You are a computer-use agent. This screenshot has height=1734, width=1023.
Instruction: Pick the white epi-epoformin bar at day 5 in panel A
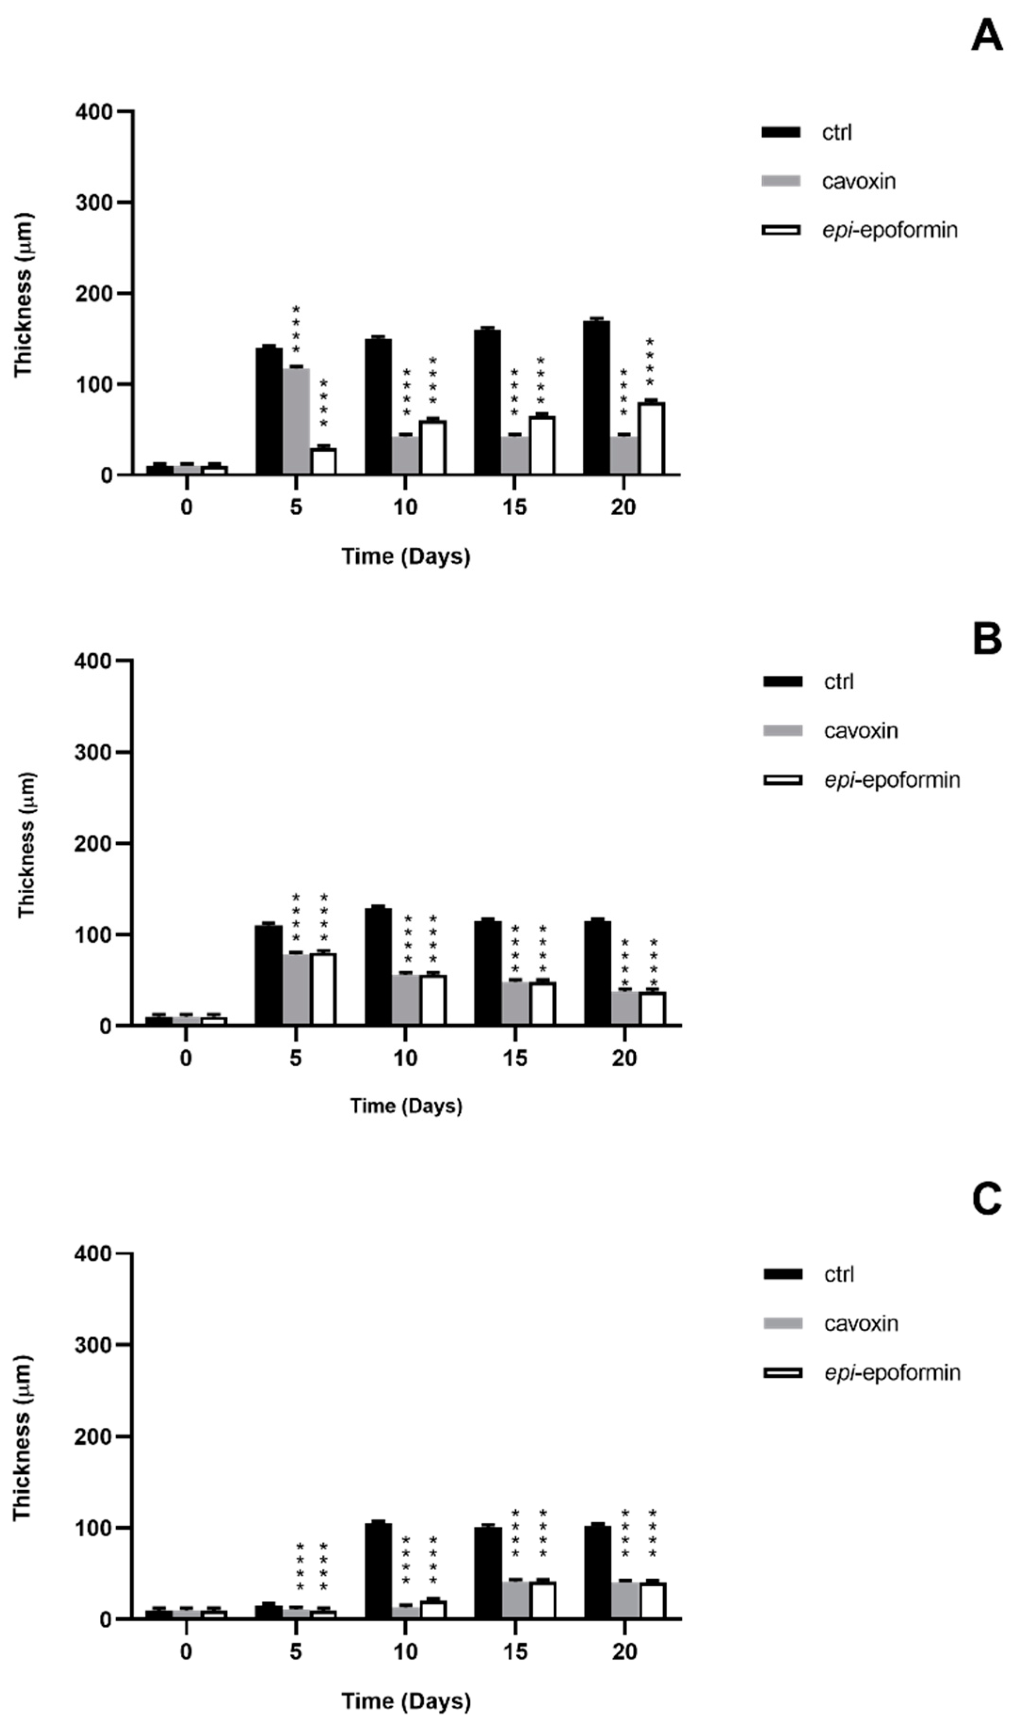323,461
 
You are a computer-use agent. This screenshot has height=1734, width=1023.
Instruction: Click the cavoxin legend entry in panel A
858,181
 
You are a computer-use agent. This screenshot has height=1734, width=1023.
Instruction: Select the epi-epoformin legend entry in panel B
891,780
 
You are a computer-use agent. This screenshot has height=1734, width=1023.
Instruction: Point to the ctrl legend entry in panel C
838,1274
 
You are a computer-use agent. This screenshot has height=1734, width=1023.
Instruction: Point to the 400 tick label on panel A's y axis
93,112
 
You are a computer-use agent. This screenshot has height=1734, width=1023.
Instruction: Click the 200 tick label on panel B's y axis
93,844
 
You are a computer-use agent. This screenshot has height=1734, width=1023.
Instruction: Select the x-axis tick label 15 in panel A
514,507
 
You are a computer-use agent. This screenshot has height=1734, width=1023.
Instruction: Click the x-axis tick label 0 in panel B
186,1058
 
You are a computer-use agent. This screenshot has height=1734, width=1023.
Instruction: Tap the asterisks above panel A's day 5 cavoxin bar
296,329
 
